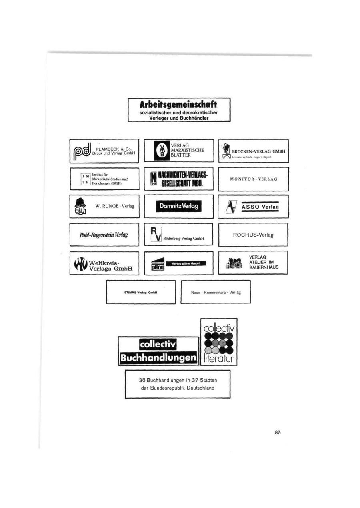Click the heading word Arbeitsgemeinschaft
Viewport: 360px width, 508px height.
click(x=178, y=105)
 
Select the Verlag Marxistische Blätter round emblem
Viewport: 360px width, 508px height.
click(x=162, y=151)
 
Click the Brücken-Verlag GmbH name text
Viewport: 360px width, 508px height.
click(x=258, y=151)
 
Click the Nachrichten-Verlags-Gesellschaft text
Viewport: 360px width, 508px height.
click(x=182, y=179)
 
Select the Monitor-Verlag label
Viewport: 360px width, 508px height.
click(x=253, y=179)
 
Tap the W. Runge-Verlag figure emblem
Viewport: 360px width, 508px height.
click(x=80, y=206)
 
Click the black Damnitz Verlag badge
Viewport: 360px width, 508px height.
click(x=178, y=206)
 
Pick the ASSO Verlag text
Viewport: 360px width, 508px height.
click(x=260, y=207)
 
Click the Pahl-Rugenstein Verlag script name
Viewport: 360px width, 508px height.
click(x=104, y=235)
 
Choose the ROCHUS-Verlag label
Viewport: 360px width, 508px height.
click(x=253, y=235)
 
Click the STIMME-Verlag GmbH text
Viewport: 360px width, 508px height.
click(x=140, y=292)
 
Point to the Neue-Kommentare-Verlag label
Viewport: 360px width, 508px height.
click(x=216, y=292)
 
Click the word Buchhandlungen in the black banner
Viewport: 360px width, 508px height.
click(x=159, y=357)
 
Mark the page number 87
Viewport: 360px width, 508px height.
click(x=277, y=432)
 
